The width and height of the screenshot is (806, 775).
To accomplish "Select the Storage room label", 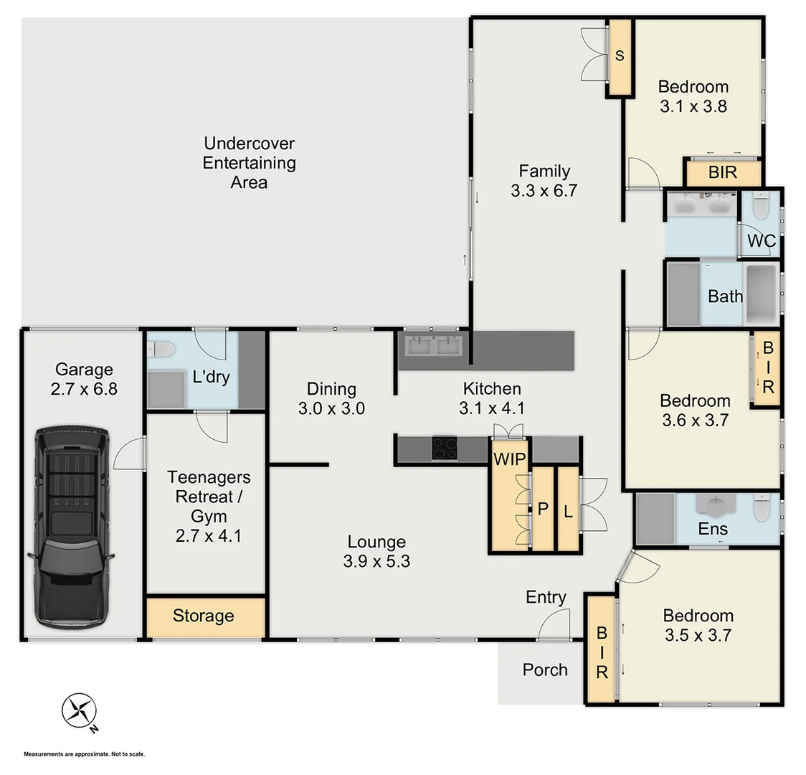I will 203,616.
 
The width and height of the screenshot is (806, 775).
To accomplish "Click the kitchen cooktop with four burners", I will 445,448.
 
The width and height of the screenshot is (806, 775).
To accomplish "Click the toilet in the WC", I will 761,207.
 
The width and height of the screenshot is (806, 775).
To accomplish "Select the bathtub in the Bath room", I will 761,295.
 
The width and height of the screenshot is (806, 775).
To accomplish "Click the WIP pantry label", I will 509,459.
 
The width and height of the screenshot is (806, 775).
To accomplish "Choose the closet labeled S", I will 620,57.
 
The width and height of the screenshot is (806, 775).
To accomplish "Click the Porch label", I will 544,670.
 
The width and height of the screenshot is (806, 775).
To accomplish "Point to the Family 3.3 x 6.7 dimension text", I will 544,191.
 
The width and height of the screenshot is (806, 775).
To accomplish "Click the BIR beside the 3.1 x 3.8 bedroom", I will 721,173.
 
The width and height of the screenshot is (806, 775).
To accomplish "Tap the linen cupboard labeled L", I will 567,510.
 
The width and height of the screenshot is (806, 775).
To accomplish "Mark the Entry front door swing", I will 554,624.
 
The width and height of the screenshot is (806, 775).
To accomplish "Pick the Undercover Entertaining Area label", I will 249,163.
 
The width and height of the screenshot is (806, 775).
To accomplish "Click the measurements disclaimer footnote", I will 84,754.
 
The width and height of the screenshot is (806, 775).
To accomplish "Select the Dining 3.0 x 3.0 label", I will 331,398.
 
